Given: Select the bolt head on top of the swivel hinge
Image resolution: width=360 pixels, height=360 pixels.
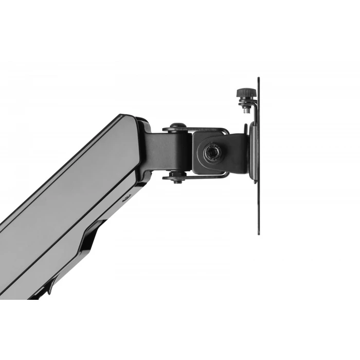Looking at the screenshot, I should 177,126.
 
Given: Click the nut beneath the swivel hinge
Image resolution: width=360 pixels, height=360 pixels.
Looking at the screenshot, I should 178,179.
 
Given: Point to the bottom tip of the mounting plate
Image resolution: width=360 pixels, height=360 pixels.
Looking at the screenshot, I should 258,233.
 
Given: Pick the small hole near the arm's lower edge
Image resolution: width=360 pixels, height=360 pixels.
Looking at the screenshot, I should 127,196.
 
